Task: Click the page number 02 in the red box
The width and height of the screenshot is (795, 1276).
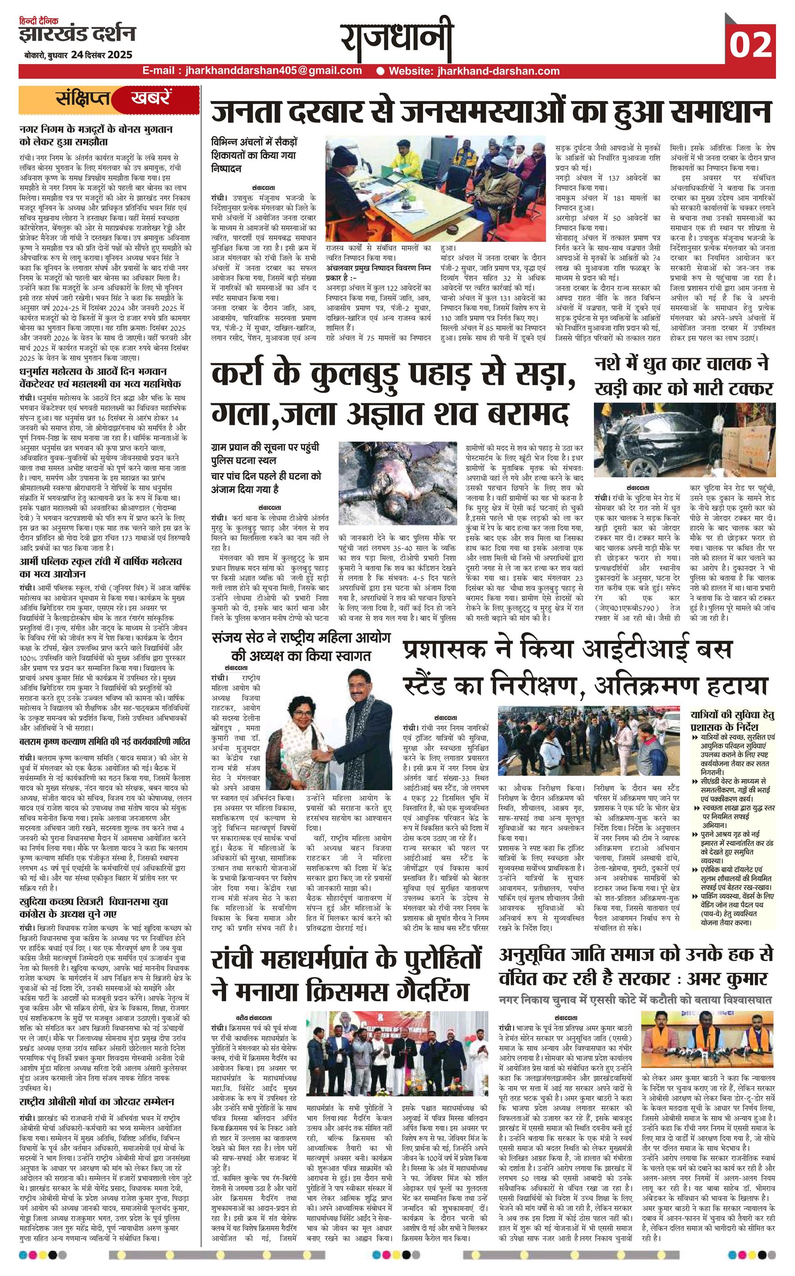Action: [x=750, y=45]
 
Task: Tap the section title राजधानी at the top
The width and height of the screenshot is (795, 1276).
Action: [x=397, y=39]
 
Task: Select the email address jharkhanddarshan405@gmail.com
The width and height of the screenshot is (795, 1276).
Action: [x=252, y=71]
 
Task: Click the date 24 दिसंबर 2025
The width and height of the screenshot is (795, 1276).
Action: [x=99, y=55]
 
